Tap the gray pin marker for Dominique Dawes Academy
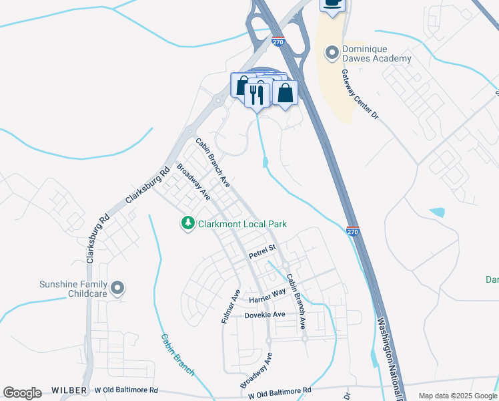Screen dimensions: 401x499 tap(332, 52)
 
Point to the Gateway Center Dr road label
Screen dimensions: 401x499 tap(360, 95)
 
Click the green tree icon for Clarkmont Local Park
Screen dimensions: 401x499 tap(189, 223)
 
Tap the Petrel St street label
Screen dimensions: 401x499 tap(262, 253)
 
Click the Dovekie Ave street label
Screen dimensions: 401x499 tap(265, 315)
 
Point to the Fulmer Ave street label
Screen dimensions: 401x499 tap(230, 306)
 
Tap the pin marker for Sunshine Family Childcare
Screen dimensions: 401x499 tap(118, 288)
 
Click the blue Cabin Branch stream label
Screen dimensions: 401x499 tap(178, 355)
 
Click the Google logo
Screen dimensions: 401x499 tap(22, 393)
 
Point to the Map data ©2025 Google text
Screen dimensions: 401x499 tap(457, 396)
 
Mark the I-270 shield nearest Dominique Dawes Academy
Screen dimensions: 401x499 tap(279, 41)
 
